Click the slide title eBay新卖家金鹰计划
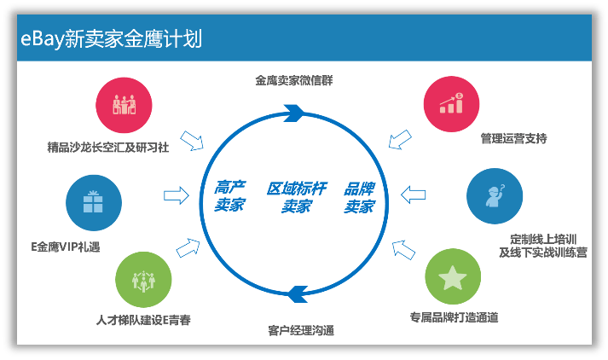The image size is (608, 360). tap(112, 39)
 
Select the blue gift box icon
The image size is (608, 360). tap(91, 202)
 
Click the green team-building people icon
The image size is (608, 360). tap(140, 279)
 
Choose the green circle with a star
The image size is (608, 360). tap(453, 276)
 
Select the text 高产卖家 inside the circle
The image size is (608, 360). tap(229, 197)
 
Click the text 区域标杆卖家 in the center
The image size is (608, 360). tap(296, 197)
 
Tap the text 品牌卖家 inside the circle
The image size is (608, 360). tap(359, 197)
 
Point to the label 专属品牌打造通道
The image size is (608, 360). tap(454, 317)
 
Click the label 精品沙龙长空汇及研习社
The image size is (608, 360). tap(107, 145)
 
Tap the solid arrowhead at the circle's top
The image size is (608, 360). tap(295, 112)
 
